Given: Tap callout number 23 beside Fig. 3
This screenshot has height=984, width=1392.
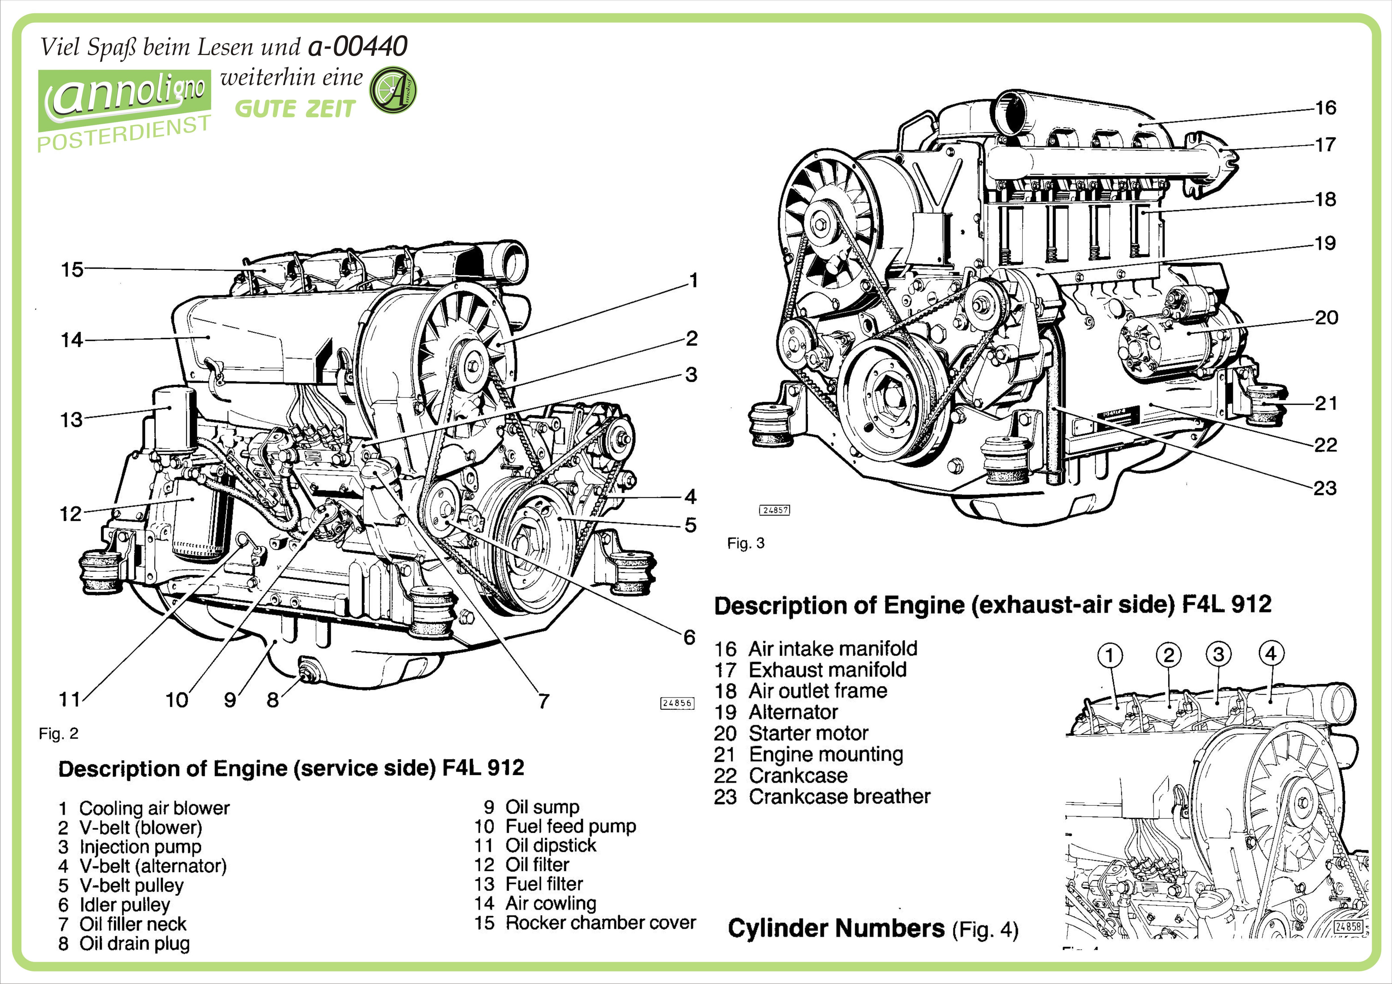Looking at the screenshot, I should point(1325,488).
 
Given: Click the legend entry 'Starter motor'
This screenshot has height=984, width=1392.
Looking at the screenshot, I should point(808,733).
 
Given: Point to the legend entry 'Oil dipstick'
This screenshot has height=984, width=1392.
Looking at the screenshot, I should point(550,845).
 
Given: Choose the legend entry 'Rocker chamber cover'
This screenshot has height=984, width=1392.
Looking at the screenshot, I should point(600,923).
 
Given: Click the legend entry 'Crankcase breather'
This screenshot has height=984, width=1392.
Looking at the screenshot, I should point(839,797).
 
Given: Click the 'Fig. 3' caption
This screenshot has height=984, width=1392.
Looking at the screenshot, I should point(746,543).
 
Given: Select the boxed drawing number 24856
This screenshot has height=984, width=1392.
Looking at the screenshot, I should point(677,703).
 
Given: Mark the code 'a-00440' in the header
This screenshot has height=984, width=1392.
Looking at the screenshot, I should point(358,46).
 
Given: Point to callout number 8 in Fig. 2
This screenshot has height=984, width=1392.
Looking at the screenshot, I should point(273,700).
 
